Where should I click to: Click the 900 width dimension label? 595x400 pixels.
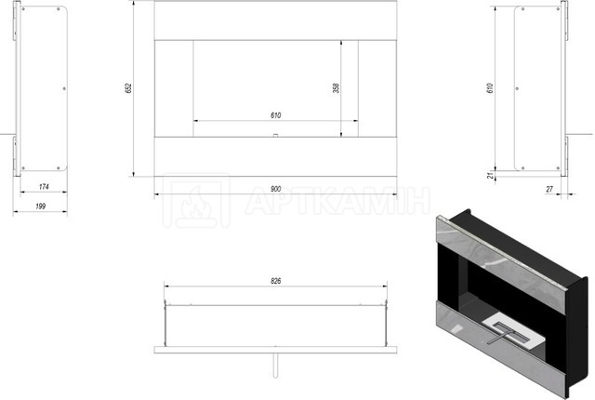click(x=276, y=189)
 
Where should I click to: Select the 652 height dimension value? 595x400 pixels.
click(x=128, y=88)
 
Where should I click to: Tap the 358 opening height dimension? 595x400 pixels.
click(x=336, y=88)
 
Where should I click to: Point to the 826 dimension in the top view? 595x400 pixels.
click(x=276, y=281)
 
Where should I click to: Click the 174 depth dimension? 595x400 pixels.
click(x=44, y=187)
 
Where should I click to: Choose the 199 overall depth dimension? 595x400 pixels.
click(x=40, y=207)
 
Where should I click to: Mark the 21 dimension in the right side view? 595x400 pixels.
click(x=490, y=175)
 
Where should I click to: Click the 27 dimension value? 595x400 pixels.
click(x=549, y=189)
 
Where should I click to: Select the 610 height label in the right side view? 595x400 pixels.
click(x=490, y=88)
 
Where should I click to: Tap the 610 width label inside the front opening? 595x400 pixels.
click(x=276, y=115)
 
